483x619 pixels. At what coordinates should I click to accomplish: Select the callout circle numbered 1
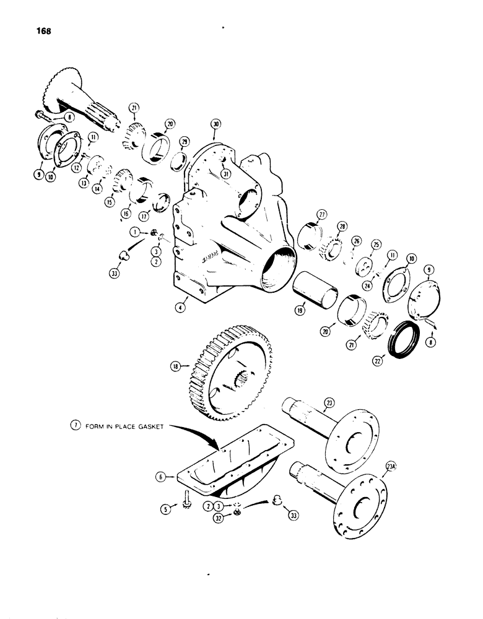tap(134, 232)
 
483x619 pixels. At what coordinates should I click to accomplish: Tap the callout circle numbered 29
tap(184, 142)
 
